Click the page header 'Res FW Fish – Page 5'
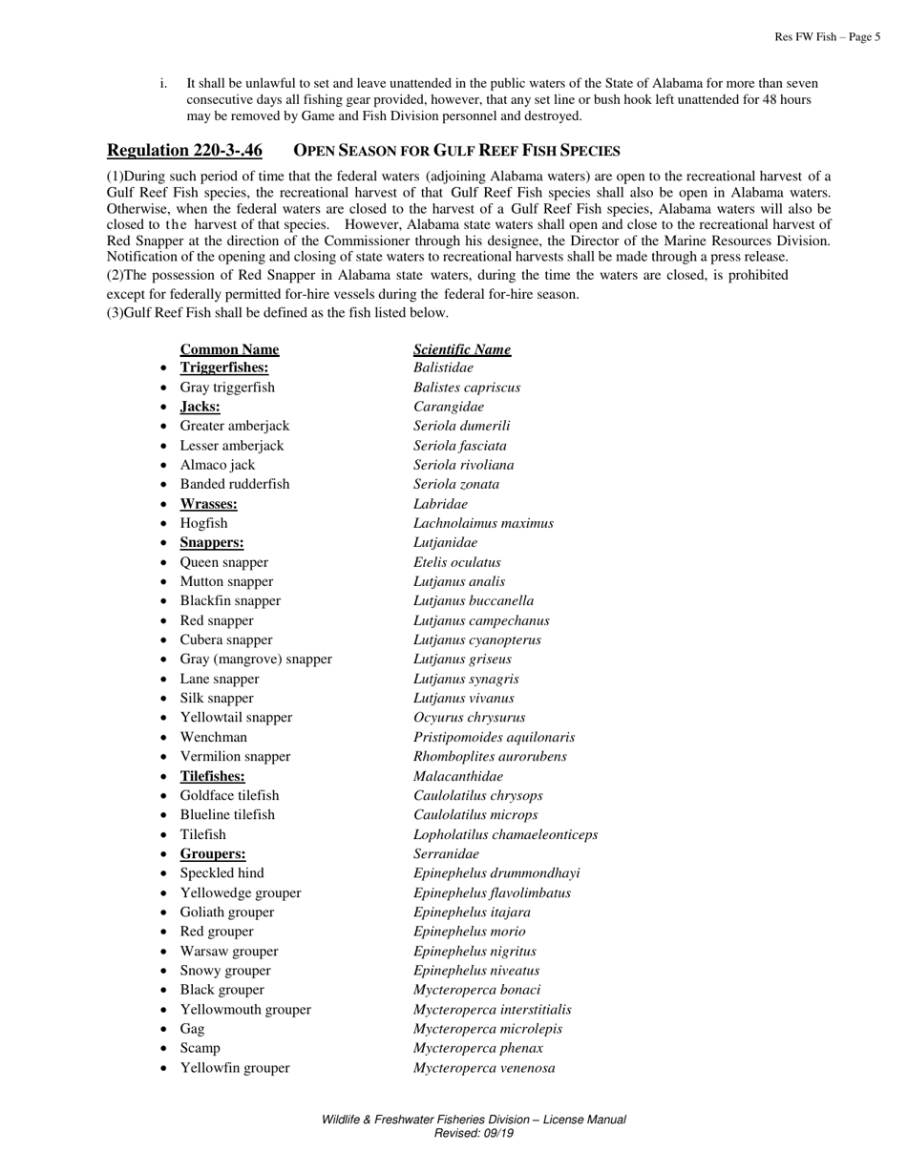(827, 37)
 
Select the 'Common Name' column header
(229, 349)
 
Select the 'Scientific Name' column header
(462, 349)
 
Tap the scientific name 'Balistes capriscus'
(467, 388)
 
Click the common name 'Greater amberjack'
(234, 426)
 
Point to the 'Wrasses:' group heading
(208, 504)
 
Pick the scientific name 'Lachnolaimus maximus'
(483, 523)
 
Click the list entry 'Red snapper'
(217, 620)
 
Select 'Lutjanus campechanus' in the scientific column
(481, 620)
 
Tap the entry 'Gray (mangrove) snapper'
(256, 660)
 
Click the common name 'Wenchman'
(213, 737)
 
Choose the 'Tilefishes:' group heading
(212, 776)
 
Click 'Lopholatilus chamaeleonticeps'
(505, 834)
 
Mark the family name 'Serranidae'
(446, 854)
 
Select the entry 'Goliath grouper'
(226, 912)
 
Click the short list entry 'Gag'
(192, 1029)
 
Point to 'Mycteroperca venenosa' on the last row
(484, 1068)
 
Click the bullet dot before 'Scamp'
(164, 1049)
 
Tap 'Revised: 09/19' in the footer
(474, 1133)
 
